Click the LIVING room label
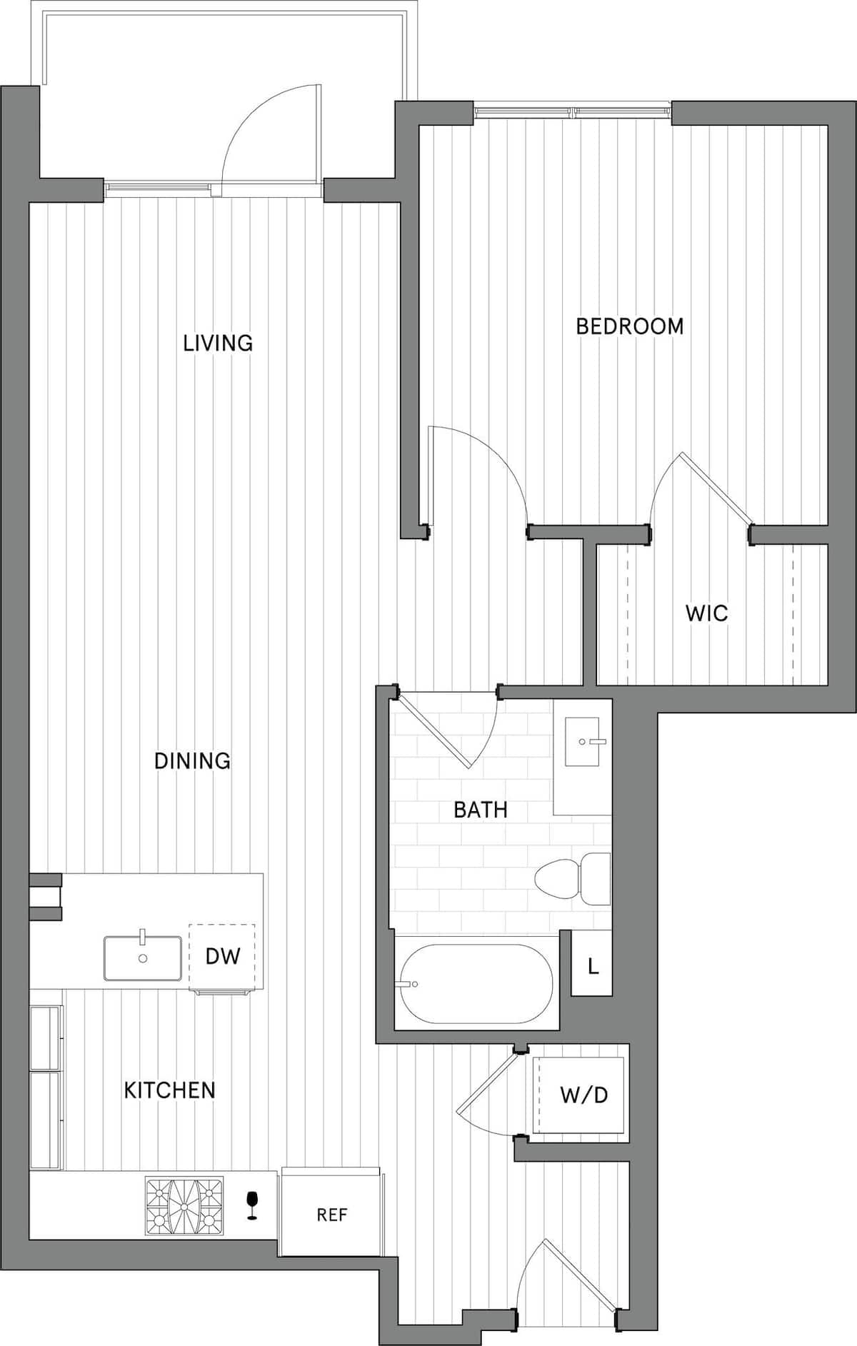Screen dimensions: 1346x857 tap(218, 343)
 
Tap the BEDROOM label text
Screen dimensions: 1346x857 tap(629, 326)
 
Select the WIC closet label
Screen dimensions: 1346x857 tap(706, 613)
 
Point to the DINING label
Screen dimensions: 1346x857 tap(192, 760)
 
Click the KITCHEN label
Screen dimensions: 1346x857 tap(169, 1090)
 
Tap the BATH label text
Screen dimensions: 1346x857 tap(481, 810)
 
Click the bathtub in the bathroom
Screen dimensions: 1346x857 tap(476, 984)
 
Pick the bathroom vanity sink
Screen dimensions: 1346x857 tap(582, 742)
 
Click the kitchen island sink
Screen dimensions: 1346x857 tap(142, 958)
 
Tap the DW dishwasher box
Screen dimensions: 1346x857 tap(222, 957)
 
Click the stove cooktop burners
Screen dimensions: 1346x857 tap(184, 1206)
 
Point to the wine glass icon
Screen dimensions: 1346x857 tap(251, 1205)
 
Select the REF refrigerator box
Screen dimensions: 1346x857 tap(331, 1214)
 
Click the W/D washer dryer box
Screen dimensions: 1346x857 tap(583, 1094)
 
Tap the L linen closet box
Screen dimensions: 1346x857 tap(592, 967)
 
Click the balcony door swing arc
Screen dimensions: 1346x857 tap(264, 129)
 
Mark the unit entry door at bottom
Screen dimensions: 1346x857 tap(564, 1278)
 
